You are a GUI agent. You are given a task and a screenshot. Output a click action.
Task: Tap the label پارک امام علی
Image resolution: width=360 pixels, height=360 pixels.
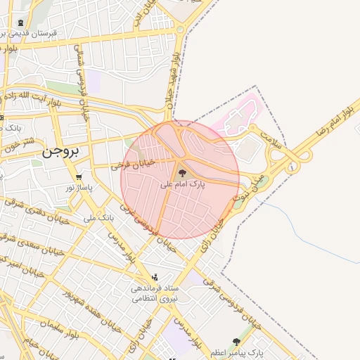point(182,184)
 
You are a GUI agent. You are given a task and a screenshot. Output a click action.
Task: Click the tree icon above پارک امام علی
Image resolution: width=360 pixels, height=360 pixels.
point(182,172)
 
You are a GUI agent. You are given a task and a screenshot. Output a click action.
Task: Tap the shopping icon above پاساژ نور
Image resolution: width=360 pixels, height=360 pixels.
point(79,176)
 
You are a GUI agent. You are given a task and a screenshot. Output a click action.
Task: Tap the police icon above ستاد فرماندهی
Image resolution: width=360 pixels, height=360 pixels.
point(155,277)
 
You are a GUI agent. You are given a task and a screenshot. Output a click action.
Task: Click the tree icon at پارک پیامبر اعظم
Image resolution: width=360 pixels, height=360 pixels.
point(236,342)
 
